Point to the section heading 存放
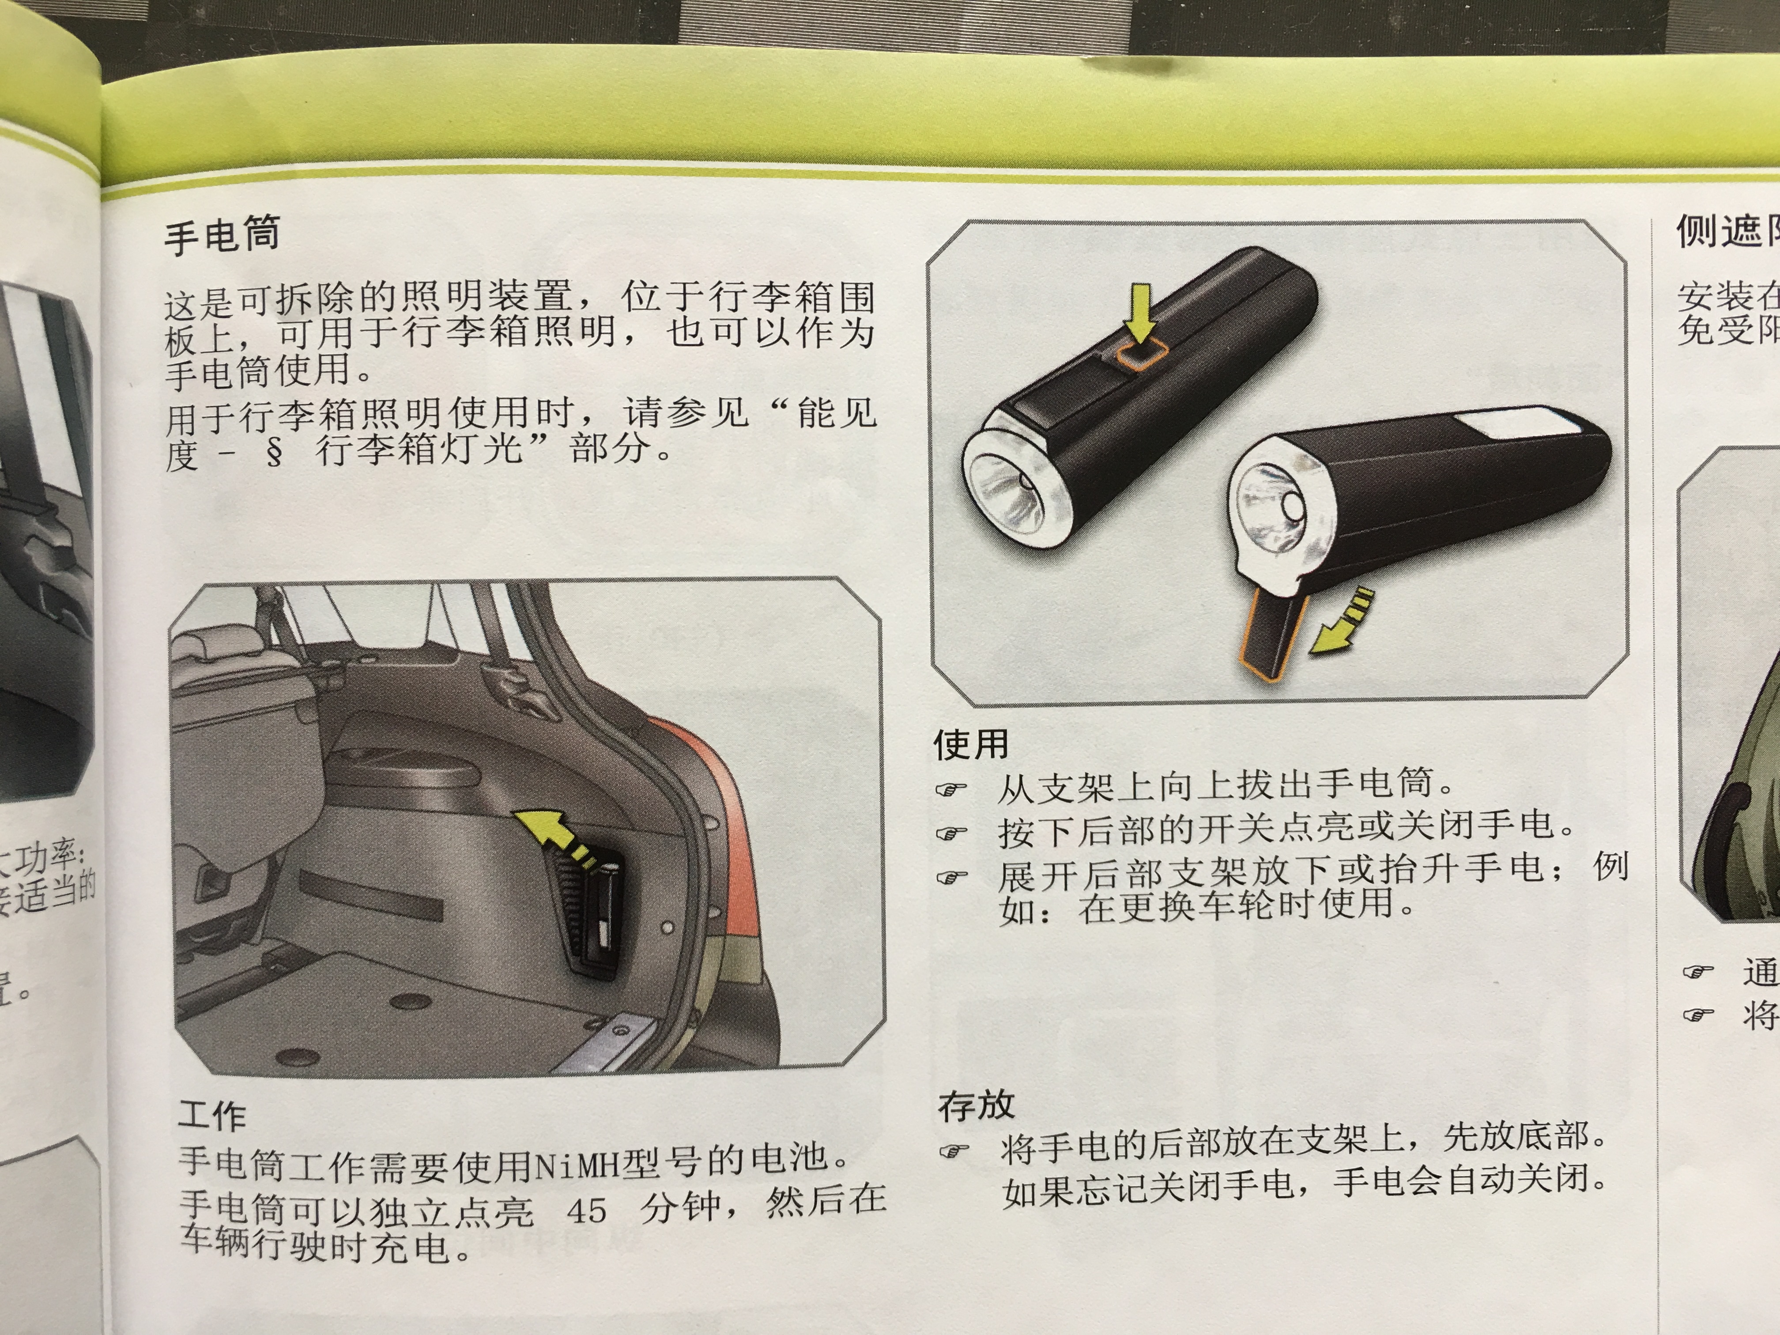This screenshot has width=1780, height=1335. (976, 1106)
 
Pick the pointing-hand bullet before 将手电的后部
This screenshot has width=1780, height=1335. (954, 1151)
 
